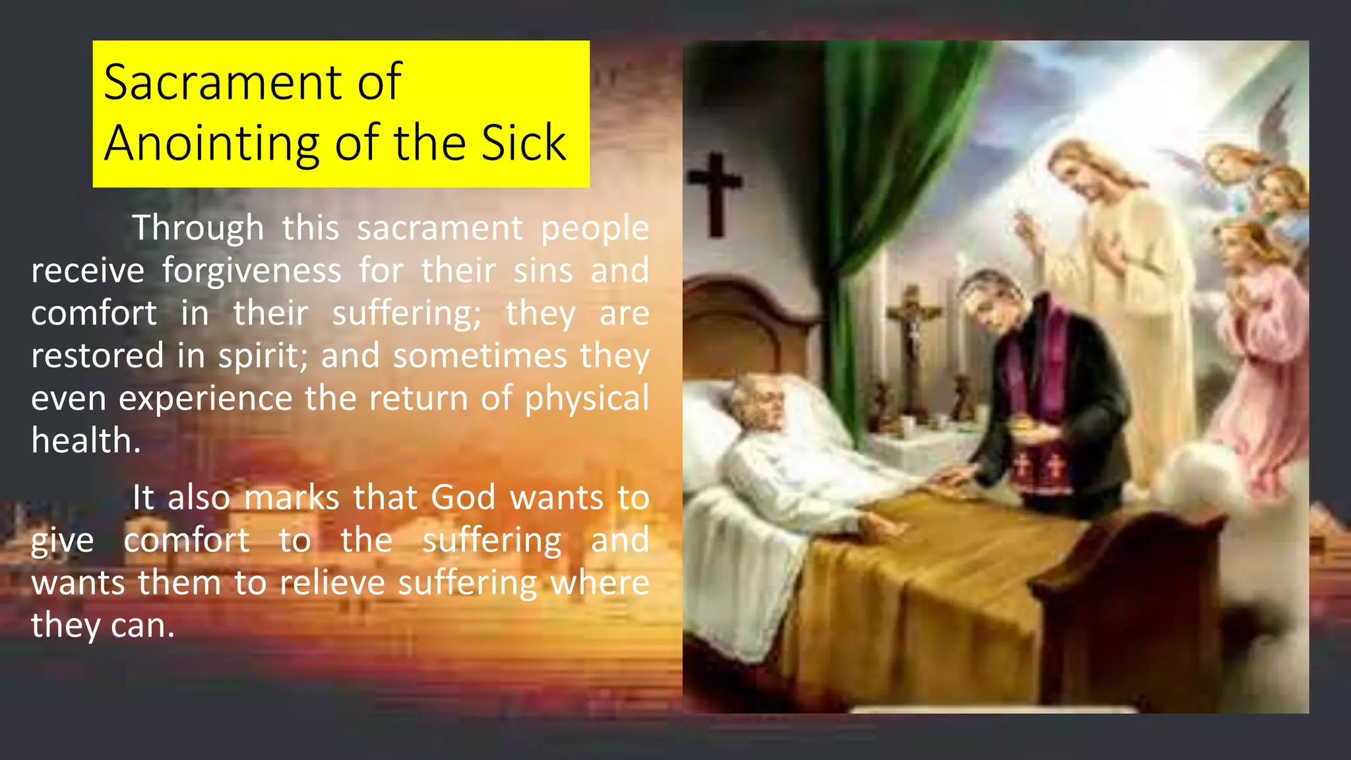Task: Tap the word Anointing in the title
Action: [x=211, y=142]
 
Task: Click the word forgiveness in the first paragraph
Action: [x=252, y=270]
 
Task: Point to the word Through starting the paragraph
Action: [x=198, y=228]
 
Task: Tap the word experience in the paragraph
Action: [x=205, y=398]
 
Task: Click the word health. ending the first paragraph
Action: [x=86, y=441]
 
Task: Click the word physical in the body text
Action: [x=586, y=398]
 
